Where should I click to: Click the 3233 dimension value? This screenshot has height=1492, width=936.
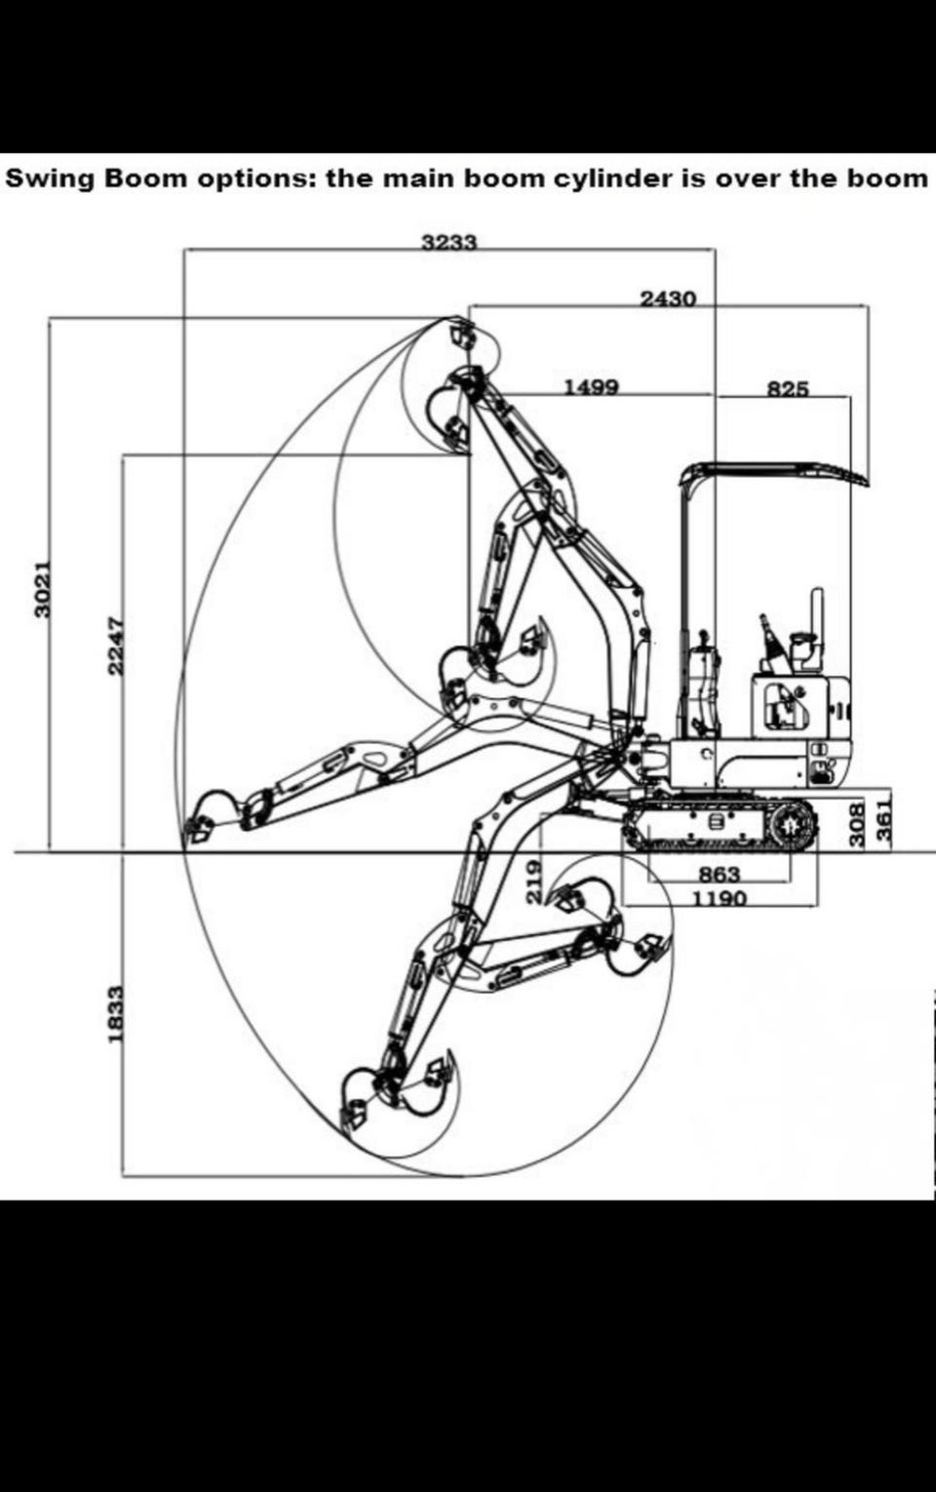pos(449,243)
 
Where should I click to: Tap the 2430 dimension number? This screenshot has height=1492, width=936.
pos(668,299)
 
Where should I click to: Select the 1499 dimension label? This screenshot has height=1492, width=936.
pos(592,387)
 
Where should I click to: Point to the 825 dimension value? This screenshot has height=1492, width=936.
pos(788,388)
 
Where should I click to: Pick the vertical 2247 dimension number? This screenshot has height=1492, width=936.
pos(117,644)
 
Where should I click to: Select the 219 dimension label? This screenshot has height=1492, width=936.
pos(534,882)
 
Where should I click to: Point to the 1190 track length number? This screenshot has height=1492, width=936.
pos(720,898)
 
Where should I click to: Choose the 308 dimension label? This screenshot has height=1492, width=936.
pos(857,826)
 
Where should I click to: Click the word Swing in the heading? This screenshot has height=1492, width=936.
pos(49,179)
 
